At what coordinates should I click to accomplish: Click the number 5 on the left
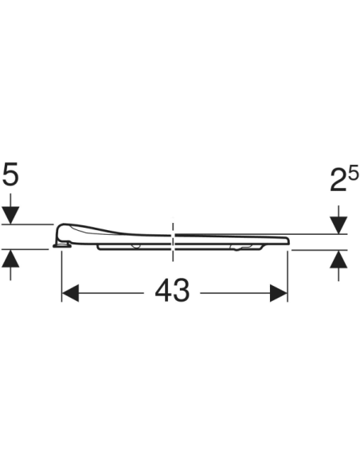pos(10,174)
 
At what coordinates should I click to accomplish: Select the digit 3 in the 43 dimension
pos(182,292)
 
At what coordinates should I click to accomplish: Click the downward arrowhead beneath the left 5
pos(10,215)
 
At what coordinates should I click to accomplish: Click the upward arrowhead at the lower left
pos(10,258)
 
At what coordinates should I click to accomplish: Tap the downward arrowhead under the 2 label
pos(338,225)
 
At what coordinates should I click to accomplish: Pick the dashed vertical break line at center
pos(172,239)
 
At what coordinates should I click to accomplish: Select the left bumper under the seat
pos(137,247)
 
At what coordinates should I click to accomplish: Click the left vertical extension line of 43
pos(62,275)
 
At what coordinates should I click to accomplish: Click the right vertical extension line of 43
pos(288,275)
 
